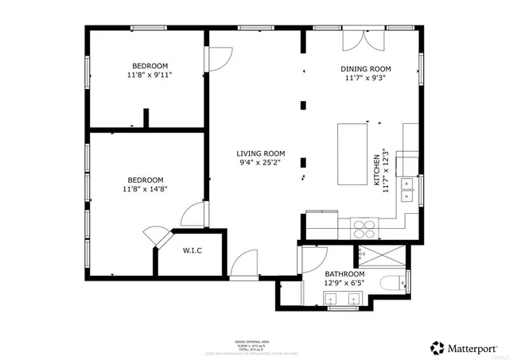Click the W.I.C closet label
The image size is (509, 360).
pyautogui.click(x=192, y=252)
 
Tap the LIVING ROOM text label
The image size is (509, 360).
pyautogui.click(x=260, y=154)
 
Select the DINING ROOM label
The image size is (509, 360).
pyautogui.click(x=367, y=69)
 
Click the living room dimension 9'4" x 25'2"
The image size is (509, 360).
pyautogui.click(x=260, y=165)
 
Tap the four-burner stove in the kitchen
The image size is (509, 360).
pyautogui.click(x=363, y=228)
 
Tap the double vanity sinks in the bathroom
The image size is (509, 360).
pyautogui.click(x=344, y=300)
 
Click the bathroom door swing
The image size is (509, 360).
pyautogui.click(x=309, y=260)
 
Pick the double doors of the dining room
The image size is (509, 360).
pyautogui.click(x=355, y=40)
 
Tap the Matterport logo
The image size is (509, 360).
pyautogui.click(x=464, y=347)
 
